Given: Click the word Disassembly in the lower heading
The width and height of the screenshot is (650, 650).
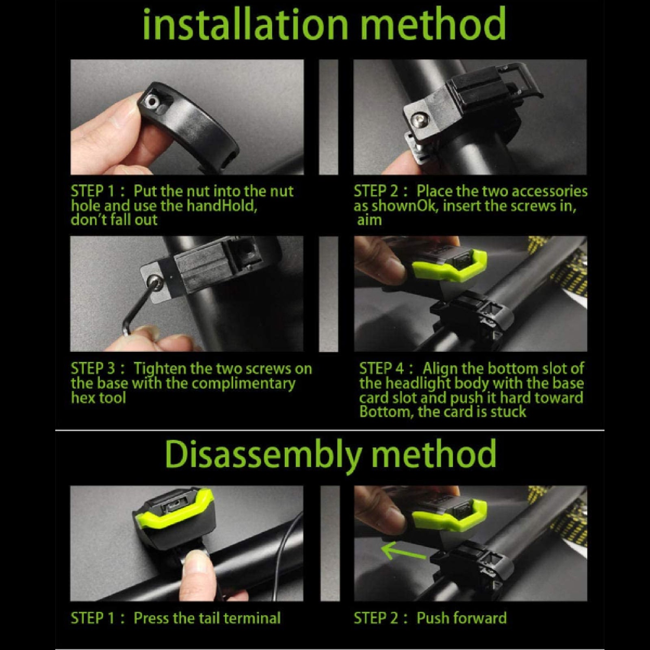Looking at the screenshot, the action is pos(263,454).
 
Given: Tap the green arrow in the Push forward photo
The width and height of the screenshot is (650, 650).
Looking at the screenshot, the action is pos(404,552).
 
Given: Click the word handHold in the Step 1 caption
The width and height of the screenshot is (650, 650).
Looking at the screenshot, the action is pos(221,206).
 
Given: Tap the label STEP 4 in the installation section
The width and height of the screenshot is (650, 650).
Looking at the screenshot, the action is pos(382,369).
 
